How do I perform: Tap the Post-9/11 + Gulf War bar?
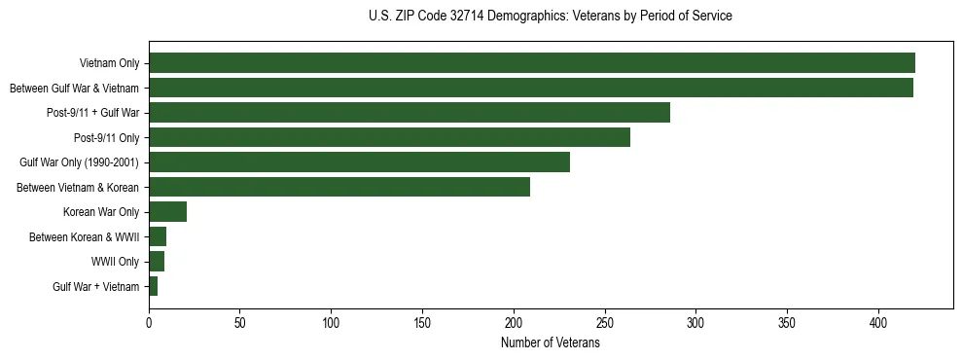409,113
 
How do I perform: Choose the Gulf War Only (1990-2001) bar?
359,162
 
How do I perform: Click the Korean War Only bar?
167,212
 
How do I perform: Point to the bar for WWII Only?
157,262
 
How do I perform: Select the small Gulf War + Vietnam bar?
153,286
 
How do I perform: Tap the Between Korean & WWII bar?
158,236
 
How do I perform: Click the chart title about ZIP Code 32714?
551,17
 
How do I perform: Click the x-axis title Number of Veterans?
551,343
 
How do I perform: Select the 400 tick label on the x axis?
879,322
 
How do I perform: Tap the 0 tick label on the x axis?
149,322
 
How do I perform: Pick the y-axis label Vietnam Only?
109,63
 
